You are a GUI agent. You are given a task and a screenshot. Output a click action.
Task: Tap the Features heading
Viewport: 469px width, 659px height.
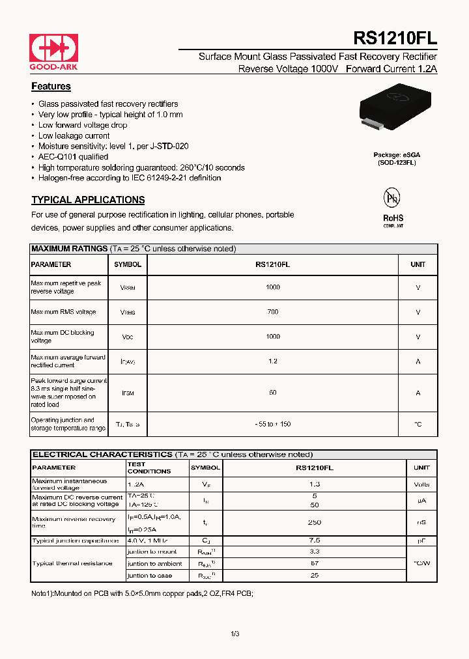[x=51, y=87]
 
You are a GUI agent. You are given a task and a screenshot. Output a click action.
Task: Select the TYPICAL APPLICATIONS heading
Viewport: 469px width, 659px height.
[x=88, y=200]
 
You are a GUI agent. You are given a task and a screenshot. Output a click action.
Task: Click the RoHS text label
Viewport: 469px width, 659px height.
[x=393, y=218]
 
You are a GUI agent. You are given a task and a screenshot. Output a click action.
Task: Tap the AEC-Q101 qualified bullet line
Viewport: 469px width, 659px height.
[x=73, y=157]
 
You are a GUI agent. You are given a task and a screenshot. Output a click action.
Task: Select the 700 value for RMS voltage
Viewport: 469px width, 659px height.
[x=272, y=312]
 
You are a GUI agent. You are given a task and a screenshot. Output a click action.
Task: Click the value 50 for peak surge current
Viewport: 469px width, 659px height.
[x=272, y=393]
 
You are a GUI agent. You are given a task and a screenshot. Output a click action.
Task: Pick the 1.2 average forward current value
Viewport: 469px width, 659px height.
[x=272, y=361]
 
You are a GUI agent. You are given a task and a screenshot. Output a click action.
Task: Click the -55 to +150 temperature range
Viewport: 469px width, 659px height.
[x=272, y=424]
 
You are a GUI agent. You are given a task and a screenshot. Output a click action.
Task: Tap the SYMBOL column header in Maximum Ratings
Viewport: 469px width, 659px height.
[x=128, y=264]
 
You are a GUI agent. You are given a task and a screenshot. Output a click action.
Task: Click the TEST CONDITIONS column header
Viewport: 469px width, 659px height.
[x=149, y=468]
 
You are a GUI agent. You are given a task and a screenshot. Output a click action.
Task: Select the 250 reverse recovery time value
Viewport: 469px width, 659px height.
[x=315, y=522]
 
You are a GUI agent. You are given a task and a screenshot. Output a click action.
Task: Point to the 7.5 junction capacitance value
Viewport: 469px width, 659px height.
[x=315, y=540]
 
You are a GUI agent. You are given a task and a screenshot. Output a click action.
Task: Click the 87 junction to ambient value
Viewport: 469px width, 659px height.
[x=315, y=563]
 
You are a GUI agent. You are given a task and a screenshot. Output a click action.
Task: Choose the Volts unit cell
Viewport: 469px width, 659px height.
[x=421, y=484]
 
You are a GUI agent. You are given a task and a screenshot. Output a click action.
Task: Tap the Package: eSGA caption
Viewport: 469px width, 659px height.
[x=397, y=154]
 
